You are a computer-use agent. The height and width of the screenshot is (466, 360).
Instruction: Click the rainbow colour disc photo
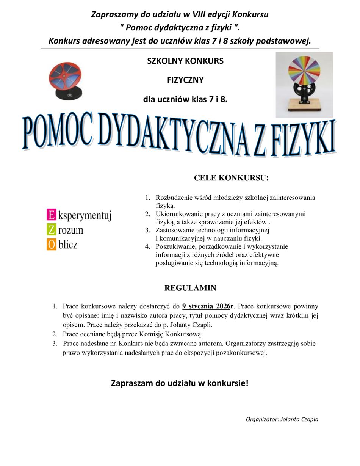pyautogui.click(x=304, y=85)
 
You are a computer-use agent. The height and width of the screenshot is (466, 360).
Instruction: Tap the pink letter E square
pyautogui.click(x=51, y=215)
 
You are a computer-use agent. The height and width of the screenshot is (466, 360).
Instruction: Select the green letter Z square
pyautogui.click(x=51, y=229)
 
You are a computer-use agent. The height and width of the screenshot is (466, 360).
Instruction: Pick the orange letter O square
pyautogui.click(x=51, y=244)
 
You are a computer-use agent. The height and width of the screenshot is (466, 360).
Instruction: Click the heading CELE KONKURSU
pyautogui.click(x=231, y=178)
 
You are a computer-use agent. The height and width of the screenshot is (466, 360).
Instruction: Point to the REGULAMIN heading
pyautogui.click(x=190, y=288)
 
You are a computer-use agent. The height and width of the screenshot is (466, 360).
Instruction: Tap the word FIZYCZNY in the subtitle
pyautogui.click(x=185, y=80)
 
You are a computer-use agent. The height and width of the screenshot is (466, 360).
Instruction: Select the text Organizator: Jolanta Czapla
pyautogui.click(x=282, y=419)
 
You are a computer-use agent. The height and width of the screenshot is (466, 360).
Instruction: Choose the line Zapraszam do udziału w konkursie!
pyautogui.click(x=180, y=383)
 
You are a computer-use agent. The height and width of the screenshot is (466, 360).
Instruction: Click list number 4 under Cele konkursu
pyautogui.click(x=148, y=246)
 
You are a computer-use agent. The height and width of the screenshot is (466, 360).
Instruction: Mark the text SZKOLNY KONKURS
pyautogui.click(x=185, y=61)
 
